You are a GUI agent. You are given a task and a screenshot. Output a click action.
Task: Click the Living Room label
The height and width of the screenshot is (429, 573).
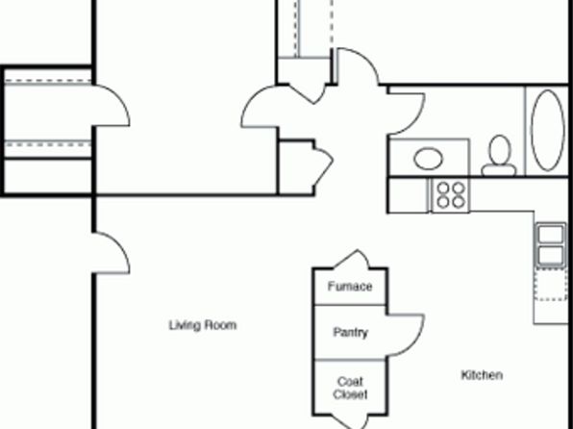pyautogui.click(x=203, y=325)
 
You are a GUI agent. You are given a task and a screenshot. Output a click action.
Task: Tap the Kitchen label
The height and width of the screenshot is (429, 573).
pyautogui.click(x=482, y=375)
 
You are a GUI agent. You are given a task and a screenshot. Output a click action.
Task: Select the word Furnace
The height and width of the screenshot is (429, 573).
pyautogui.click(x=350, y=287)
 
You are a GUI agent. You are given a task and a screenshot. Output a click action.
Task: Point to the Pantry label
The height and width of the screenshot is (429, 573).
pyautogui.click(x=350, y=333)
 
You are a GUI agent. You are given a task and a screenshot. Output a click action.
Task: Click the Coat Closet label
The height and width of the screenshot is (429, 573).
pyautogui.click(x=350, y=388)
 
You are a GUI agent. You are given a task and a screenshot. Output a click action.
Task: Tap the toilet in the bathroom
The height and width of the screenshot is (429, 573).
pyautogui.click(x=499, y=156)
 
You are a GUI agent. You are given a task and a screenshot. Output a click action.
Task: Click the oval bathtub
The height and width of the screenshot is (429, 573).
pyautogui.click(x=547, y=130)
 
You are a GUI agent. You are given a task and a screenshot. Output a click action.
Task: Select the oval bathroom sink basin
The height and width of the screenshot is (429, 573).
pyautogui.click(x=428, y=159)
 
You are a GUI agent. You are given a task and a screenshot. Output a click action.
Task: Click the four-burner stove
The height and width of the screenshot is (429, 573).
pyautogui.click(x=450, y=195)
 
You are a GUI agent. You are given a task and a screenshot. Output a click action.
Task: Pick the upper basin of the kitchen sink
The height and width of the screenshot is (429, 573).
pyautogui.click(x=551, y=234)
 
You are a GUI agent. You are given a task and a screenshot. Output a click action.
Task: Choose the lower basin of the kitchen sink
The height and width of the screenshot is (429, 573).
pyautogui.click(x=551, y=255)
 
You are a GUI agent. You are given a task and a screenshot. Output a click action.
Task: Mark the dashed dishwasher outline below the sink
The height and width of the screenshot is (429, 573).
pyautogui.click(x=551, y=284)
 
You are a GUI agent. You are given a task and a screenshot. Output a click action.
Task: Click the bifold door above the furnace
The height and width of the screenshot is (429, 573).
pyautogui.click(x=352, y=259)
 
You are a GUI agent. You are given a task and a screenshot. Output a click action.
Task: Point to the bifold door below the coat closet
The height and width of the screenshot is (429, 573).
pyautogui.click(x=350, y=422)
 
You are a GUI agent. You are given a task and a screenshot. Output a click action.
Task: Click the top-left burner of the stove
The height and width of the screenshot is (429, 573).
pyautogui.click(x=443, y=188)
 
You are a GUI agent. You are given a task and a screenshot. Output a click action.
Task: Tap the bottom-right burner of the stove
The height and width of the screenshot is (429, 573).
pyautogui.click(x=459, y=202)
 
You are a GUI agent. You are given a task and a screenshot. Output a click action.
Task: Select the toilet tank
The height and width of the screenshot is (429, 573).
pyautogui.click(x=499, y=170)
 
